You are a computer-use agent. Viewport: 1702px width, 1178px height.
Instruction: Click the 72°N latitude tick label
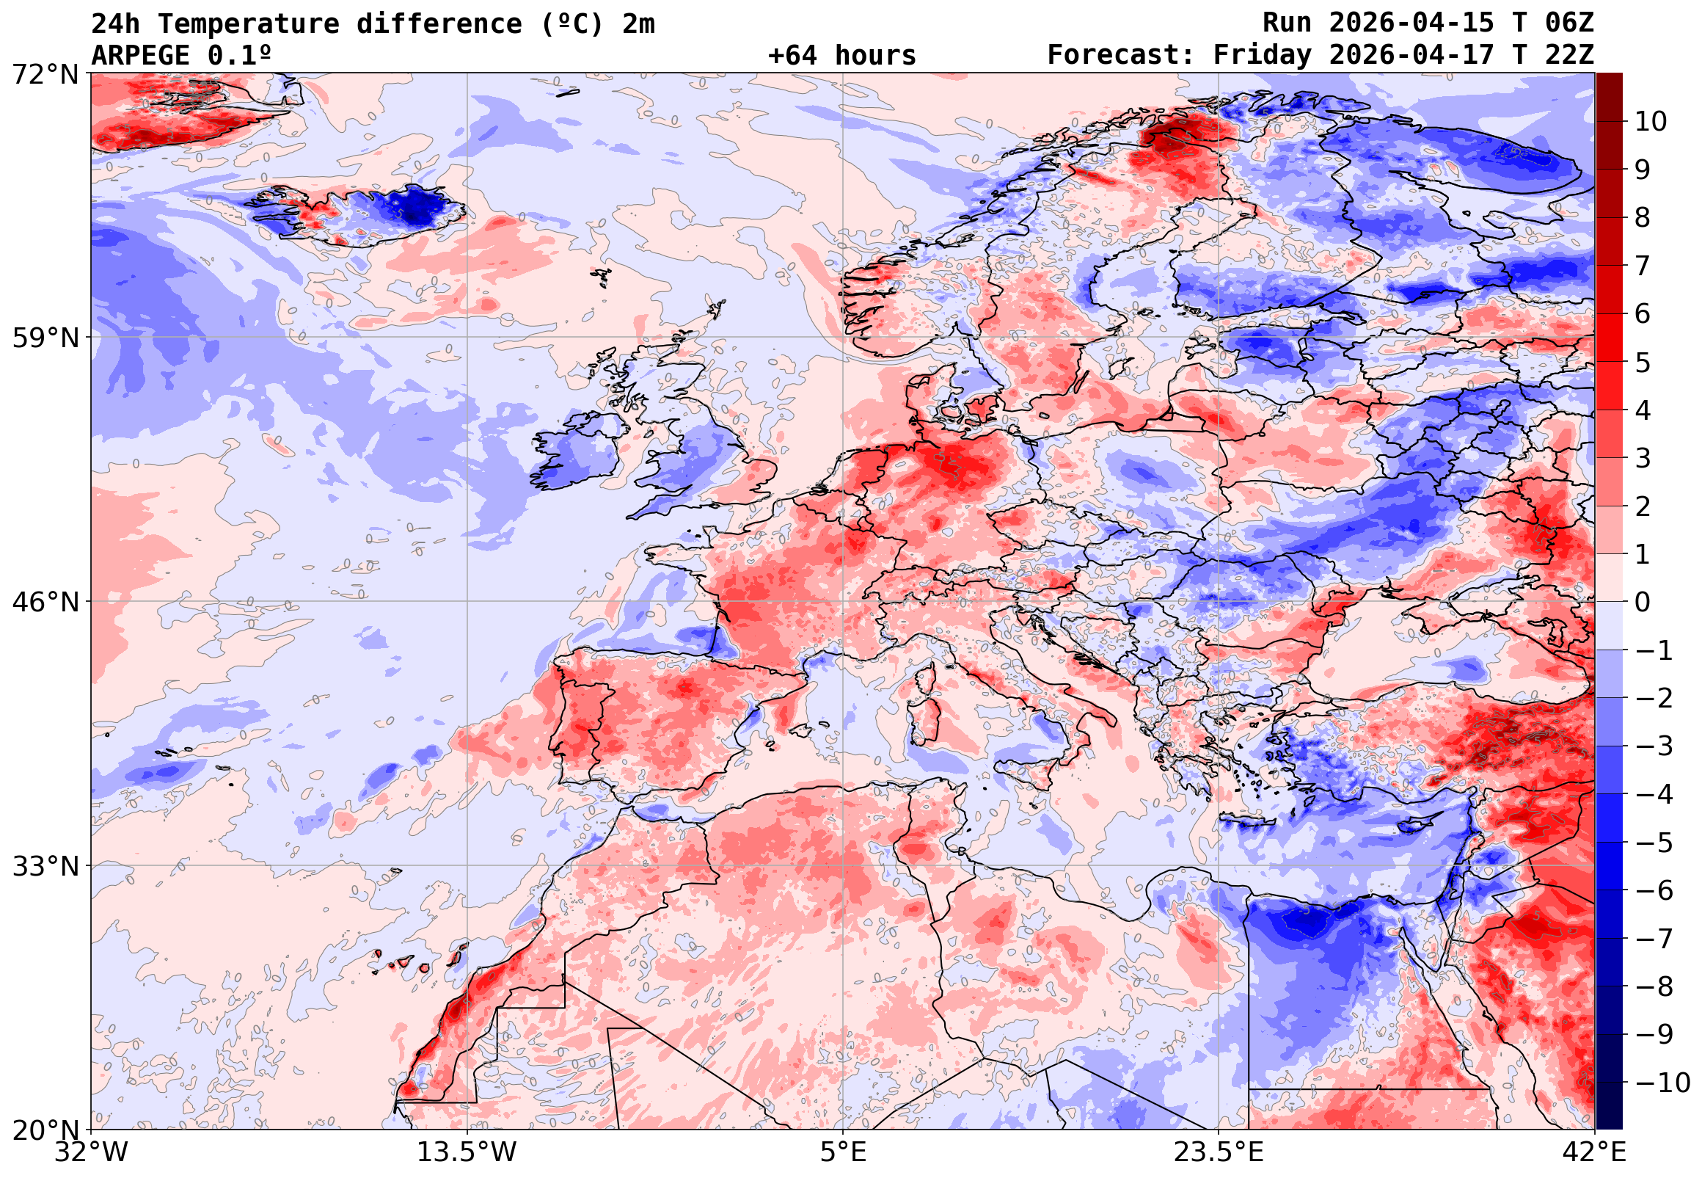tap(45, 74)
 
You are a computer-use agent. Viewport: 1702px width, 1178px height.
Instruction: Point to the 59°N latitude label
tap(45, 338)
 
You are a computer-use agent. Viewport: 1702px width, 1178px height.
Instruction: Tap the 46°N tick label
tap(45, 603)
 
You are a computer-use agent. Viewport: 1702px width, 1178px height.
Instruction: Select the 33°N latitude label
tap(45, 867)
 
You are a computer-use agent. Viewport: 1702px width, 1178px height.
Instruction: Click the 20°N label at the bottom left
tap(45, 1130)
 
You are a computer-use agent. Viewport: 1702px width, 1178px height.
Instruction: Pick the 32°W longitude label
tap(92, 1152)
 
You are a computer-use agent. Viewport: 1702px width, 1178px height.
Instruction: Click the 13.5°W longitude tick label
tap(467, 1152)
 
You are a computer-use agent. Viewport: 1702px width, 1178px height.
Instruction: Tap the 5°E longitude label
tap(843, 1152)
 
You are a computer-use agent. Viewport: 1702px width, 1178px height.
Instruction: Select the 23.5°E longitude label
tap(1218, 1152)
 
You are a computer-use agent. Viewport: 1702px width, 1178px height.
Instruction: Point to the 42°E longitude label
tap(1594, 1152)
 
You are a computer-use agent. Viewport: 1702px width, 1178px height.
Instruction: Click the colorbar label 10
tap(1651, 122)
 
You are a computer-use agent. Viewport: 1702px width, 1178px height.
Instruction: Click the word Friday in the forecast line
tap(1263, 55)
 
